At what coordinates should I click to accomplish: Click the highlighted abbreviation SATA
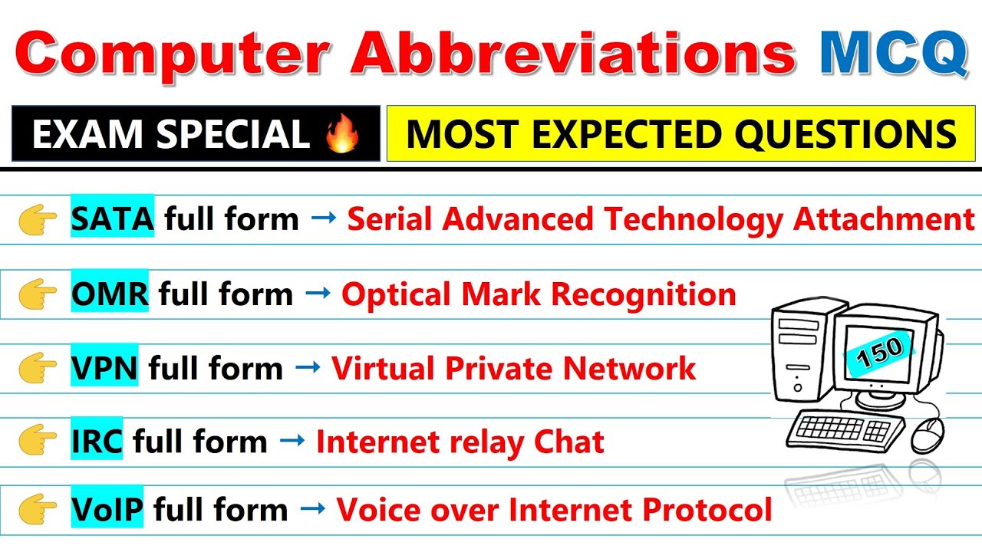112,219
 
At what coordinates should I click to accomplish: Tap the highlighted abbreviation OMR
110,294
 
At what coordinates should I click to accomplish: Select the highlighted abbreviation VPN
104,369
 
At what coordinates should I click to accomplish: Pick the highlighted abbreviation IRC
97,442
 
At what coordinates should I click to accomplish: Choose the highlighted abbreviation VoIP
107,509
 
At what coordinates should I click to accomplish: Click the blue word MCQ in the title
892,53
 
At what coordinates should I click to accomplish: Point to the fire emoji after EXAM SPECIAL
343,134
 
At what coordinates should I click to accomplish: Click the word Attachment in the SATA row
884,219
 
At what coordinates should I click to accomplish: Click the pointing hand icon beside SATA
38,221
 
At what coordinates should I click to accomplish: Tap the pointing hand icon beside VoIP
38,510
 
